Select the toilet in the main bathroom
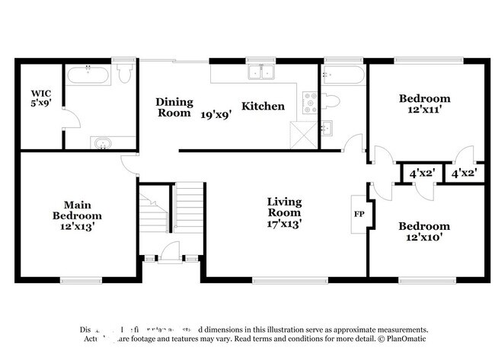(x=124, y=75)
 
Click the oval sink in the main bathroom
(x=102, y=142)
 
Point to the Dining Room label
(x=174, y=107)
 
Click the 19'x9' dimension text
(x=216, y=115)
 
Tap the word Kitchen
(x=263, y=107)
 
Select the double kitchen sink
(x=260, y=74)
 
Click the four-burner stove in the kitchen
(x=308, y=102)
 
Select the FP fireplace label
(x=359, y=214)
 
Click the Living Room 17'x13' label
(x=284, y=213)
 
